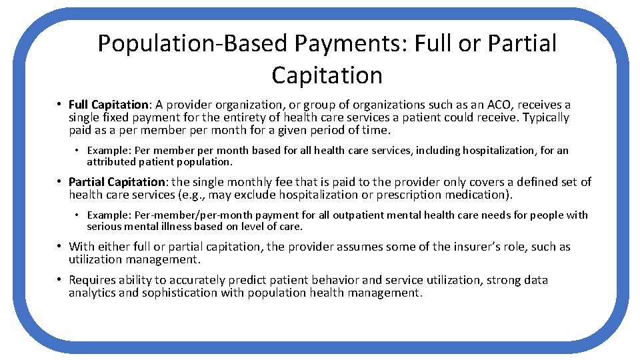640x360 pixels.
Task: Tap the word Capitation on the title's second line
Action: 327,75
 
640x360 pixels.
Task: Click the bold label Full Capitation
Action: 109,105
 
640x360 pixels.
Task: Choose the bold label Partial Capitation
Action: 117,182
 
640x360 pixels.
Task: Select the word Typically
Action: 545,117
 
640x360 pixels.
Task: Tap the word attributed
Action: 111,162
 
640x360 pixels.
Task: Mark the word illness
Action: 173,226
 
